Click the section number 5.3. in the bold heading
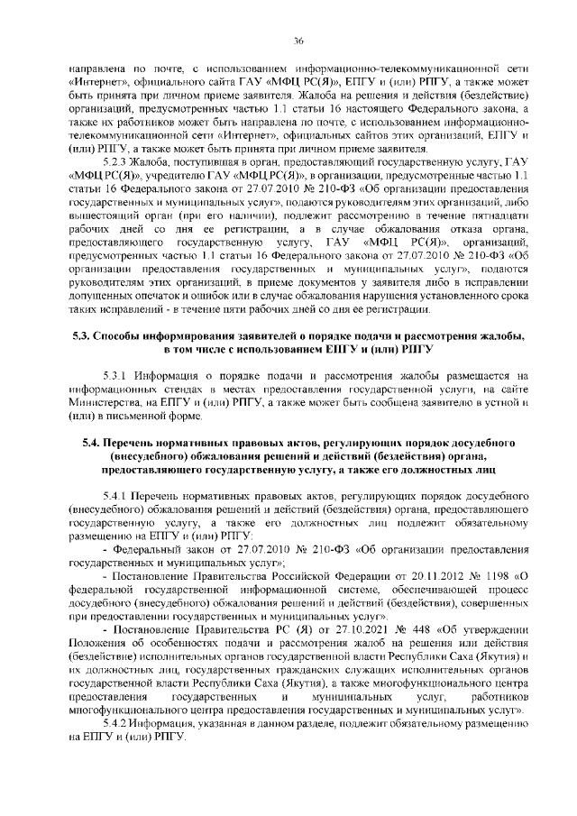coord(85,336)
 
